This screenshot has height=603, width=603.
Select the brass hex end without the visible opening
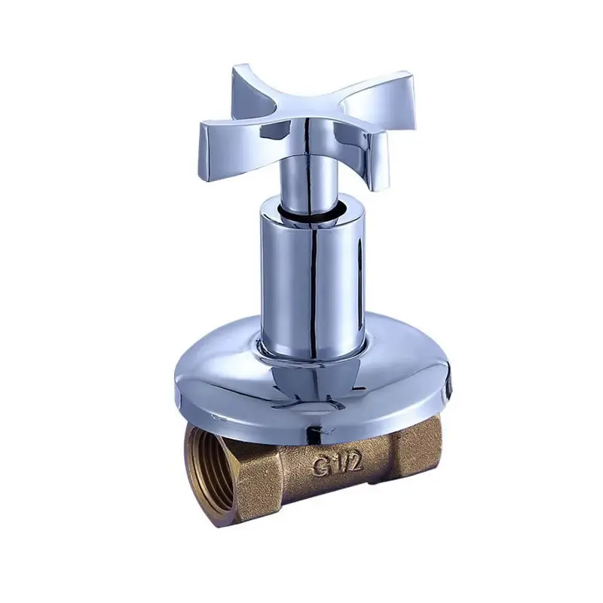[x=418, y=460]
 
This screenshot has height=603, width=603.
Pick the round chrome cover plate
[x=226, y=377]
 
